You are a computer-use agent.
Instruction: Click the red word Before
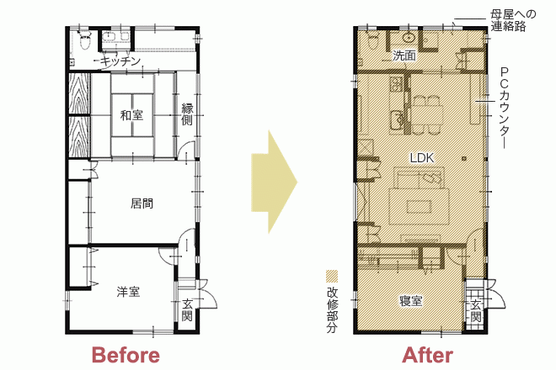click(126, 355)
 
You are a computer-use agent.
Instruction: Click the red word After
click(428, 355)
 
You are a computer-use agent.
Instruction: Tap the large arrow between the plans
click(274, 182)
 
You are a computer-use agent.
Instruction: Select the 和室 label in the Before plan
click(131, 115)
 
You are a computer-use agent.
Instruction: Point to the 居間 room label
click(142, 203)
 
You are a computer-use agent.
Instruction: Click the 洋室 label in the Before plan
click(128, 292)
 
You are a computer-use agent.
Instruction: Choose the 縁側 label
click(187, 114)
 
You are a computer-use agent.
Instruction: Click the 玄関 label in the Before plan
click(187, 309)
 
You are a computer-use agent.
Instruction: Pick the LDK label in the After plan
click(422, 158)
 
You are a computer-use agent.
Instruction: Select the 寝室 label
click(411, 301)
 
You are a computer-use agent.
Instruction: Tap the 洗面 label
click(404, 55)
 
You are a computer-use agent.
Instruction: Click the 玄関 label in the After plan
click(476, 311)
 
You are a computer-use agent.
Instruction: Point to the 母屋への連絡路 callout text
click(513, 20)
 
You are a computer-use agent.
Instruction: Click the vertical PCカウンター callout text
click(505, 108)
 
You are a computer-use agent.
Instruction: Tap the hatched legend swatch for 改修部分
click(332, 277)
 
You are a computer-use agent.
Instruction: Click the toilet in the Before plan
click(85, 40)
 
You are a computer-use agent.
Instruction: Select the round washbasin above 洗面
click(409, 37)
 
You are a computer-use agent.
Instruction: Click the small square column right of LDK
click(464, 158)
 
